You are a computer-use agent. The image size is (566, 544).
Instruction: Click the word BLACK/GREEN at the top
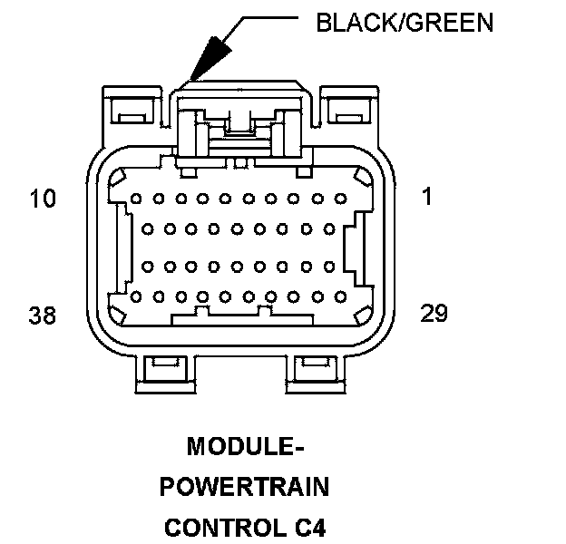[404, 23]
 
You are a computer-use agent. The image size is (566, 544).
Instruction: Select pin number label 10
[44, 197]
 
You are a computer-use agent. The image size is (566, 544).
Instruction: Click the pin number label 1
[427, 197]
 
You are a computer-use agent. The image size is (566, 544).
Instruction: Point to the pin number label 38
[43, 315]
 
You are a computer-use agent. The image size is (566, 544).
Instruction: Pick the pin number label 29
[434, 313]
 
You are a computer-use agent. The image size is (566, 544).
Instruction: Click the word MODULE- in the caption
[243, 447]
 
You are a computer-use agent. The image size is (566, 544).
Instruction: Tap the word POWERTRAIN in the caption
[243, 488]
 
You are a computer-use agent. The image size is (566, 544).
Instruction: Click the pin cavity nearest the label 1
[340, 198]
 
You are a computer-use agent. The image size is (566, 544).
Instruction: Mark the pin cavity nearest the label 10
[135, 198]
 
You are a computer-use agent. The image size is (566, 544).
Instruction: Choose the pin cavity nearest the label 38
[135, 296]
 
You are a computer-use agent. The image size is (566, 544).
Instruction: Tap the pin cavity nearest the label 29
[340, 296]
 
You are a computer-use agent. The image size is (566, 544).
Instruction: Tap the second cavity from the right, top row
[317, 198]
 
